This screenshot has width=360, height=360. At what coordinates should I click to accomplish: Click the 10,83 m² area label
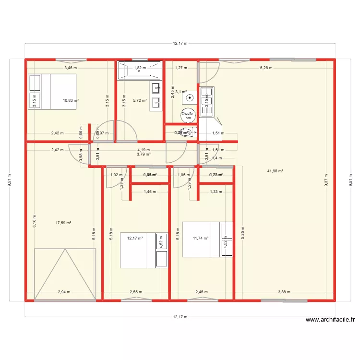[71, 100]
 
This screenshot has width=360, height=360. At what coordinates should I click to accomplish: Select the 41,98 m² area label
[275, 171]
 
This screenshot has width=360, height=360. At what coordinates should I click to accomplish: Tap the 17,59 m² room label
[63, 223]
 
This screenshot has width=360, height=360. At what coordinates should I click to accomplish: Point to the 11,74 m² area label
[200, 238]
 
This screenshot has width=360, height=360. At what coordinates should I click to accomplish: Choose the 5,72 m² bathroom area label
[140, 100]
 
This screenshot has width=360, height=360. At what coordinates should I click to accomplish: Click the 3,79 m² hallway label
[144, 154]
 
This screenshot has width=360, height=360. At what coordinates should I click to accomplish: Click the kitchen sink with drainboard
[207, 102]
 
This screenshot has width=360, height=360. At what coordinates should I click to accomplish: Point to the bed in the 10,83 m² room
[53, 91]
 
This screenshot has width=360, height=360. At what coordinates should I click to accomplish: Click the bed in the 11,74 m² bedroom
[207, 239]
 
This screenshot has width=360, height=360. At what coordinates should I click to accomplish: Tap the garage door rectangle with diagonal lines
[65, 274]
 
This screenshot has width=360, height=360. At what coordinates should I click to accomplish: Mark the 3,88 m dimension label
[284, 292]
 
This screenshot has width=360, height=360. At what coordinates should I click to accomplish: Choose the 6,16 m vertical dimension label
[35, 222]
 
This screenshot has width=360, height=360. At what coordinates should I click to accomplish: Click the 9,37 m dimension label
[326, 180]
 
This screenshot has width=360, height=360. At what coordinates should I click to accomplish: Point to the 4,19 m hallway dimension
[144, 150]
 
